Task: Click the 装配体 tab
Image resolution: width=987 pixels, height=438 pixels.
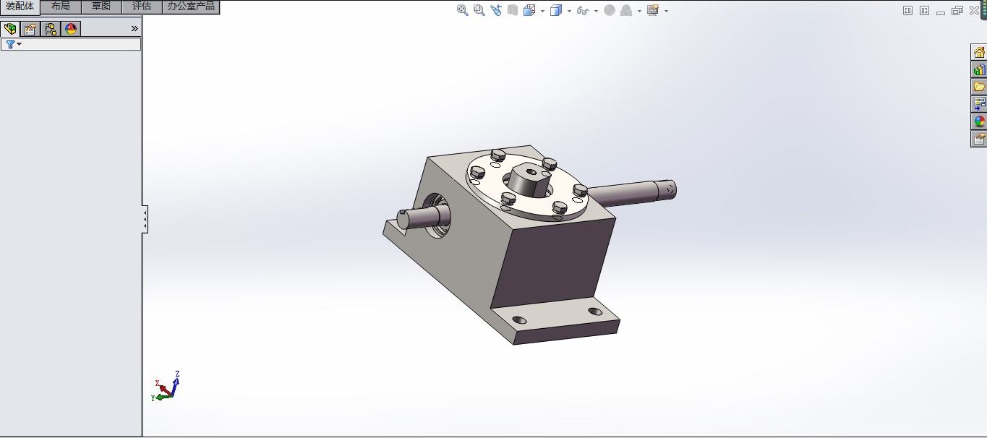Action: (x=20, y=7)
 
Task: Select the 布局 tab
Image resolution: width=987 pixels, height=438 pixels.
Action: (x=61, y=7)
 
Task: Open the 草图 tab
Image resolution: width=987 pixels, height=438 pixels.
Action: (x=101, y=7)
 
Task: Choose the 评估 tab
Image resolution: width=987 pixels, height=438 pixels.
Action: (x=142, y=7)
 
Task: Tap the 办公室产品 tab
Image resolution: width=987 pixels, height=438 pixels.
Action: (x=191, y=7)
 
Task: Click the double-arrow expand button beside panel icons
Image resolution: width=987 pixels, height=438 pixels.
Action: (x=134, y=29)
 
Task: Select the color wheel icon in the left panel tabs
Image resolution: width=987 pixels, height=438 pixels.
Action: (x=71, y=29)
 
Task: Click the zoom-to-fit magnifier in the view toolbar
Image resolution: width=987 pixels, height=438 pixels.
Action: (x=463, y=10)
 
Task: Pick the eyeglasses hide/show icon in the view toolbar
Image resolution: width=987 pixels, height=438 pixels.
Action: (x=583, y=11)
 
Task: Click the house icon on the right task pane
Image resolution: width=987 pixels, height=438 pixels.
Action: (x=979, y=52)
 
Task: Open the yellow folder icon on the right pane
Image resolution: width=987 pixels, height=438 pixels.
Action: (x=979, y=87)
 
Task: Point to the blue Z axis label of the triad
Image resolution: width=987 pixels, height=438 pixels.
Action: (x=177, y=374)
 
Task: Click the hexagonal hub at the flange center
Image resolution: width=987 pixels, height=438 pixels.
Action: (x=526, y=181)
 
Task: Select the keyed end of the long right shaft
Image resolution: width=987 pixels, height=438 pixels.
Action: (x=666, y=189)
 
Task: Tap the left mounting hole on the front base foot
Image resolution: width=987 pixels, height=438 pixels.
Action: (x=518, y=319)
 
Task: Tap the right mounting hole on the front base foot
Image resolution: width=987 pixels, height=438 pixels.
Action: (x=595, y=312)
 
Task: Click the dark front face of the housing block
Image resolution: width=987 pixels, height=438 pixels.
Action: (x=553, y=264)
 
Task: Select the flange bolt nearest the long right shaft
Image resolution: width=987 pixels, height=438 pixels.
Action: (x=580, y=190)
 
